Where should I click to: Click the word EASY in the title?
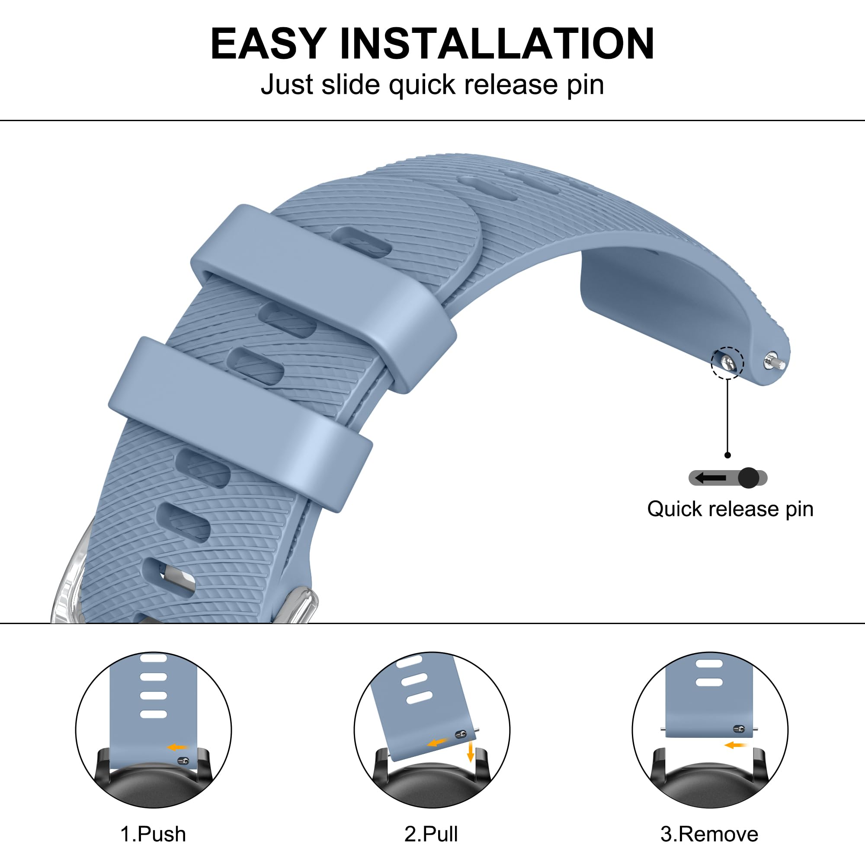268,43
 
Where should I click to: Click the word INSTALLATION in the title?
497,43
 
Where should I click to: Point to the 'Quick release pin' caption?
730,509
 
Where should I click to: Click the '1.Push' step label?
153,834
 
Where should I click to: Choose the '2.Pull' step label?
431,834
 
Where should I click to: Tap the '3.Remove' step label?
710,834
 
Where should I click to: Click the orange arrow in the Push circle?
178,747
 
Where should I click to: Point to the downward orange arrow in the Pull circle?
470,751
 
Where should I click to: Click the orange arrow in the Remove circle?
736,745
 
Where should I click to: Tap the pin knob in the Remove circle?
739,729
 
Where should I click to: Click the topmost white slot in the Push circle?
154,658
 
